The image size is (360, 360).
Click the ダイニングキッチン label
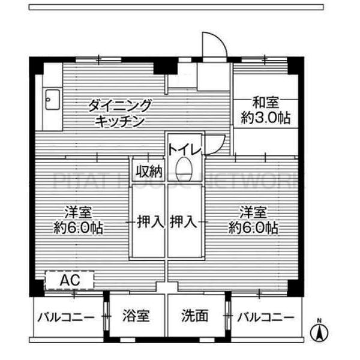pos(120,112)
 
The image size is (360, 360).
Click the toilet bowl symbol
pos(185,169)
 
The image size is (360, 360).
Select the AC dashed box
pos(70,280)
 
